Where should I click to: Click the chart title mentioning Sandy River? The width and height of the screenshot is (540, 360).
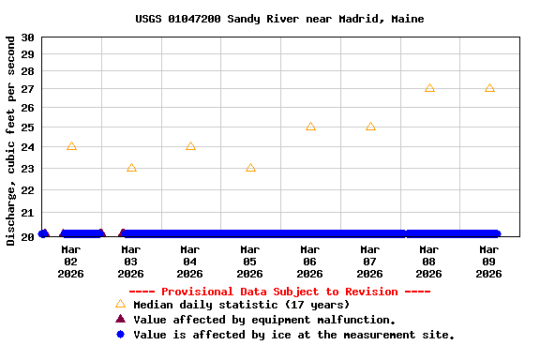(x=279, y=19)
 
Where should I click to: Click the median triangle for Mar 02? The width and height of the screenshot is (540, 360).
(x=71, y=146)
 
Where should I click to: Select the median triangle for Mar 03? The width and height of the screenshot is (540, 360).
(x=131, y=168)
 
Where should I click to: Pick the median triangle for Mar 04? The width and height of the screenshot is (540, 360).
(x=190, y=146)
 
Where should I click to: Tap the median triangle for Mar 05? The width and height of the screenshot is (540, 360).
(x=250, y=168)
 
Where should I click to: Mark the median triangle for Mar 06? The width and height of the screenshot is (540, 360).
(x=310, y=126)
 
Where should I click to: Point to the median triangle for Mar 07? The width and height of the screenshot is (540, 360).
(x=370, y=126)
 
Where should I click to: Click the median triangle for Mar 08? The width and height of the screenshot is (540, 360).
(x=429, y=88)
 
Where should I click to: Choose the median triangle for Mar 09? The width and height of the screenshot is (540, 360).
(x=489, y=88)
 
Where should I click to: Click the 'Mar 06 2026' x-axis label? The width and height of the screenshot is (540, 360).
(x=310, y=262)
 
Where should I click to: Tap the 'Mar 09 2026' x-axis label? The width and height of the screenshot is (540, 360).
(x=489, y=262)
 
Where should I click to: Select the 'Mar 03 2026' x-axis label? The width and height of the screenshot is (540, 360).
(x=131, y=262)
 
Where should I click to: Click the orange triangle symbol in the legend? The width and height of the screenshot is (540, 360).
(x=120, y=304)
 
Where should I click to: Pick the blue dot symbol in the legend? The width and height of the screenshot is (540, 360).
(x=120, y=335)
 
